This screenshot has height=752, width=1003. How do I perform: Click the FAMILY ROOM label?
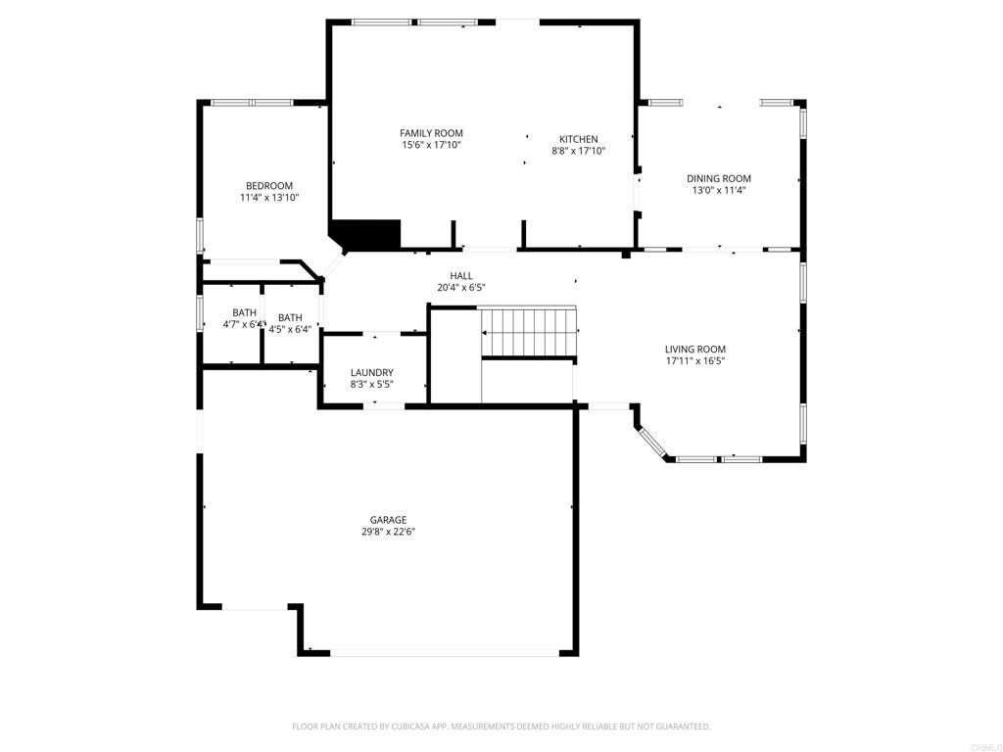pyautogui.click(x=431, y=133)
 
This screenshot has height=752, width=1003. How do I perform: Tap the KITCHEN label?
pyautogui.click(x=578, y=139)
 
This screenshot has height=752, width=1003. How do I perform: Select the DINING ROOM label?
pyautogui.click(x=718, y=178)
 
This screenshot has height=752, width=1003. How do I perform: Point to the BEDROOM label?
pyautogui.click(x=268, y=186)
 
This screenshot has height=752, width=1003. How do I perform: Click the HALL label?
pyautogui.click(x=461, y=276)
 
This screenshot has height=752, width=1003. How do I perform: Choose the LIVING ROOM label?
pyautogui.click(x=694, y=349)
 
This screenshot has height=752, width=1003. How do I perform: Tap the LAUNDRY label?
pyautogui.click(x=371, y=372)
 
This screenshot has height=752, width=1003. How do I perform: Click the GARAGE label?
pyautogui.click(x=388, y=520)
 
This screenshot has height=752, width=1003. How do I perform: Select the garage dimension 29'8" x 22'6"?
pyautogui.click(x=388, y=532)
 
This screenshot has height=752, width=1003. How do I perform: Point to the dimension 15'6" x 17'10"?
pyautogui.click(x=431, y=145)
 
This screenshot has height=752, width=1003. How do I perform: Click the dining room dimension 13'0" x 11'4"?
pyautogui.click(x=718, y=190)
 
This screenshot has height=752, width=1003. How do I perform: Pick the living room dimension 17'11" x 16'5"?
pyautogui.click(x=694, y=360)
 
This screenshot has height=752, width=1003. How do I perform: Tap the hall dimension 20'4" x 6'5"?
pyautogui.click(x=461, y=288)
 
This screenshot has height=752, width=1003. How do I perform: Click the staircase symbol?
pyautogui.click(x=529, y=332)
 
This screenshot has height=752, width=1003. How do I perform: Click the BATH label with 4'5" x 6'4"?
pyautogui.click(x=290, y=317)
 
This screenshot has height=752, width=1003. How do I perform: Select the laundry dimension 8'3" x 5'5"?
pyautogui.click(x=371, y=384)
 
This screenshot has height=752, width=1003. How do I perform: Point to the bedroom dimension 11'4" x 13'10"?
pyautogui.click(x=268, y=198)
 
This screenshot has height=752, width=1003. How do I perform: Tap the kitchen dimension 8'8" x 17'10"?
pyautogui.click(x=578, y=151)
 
